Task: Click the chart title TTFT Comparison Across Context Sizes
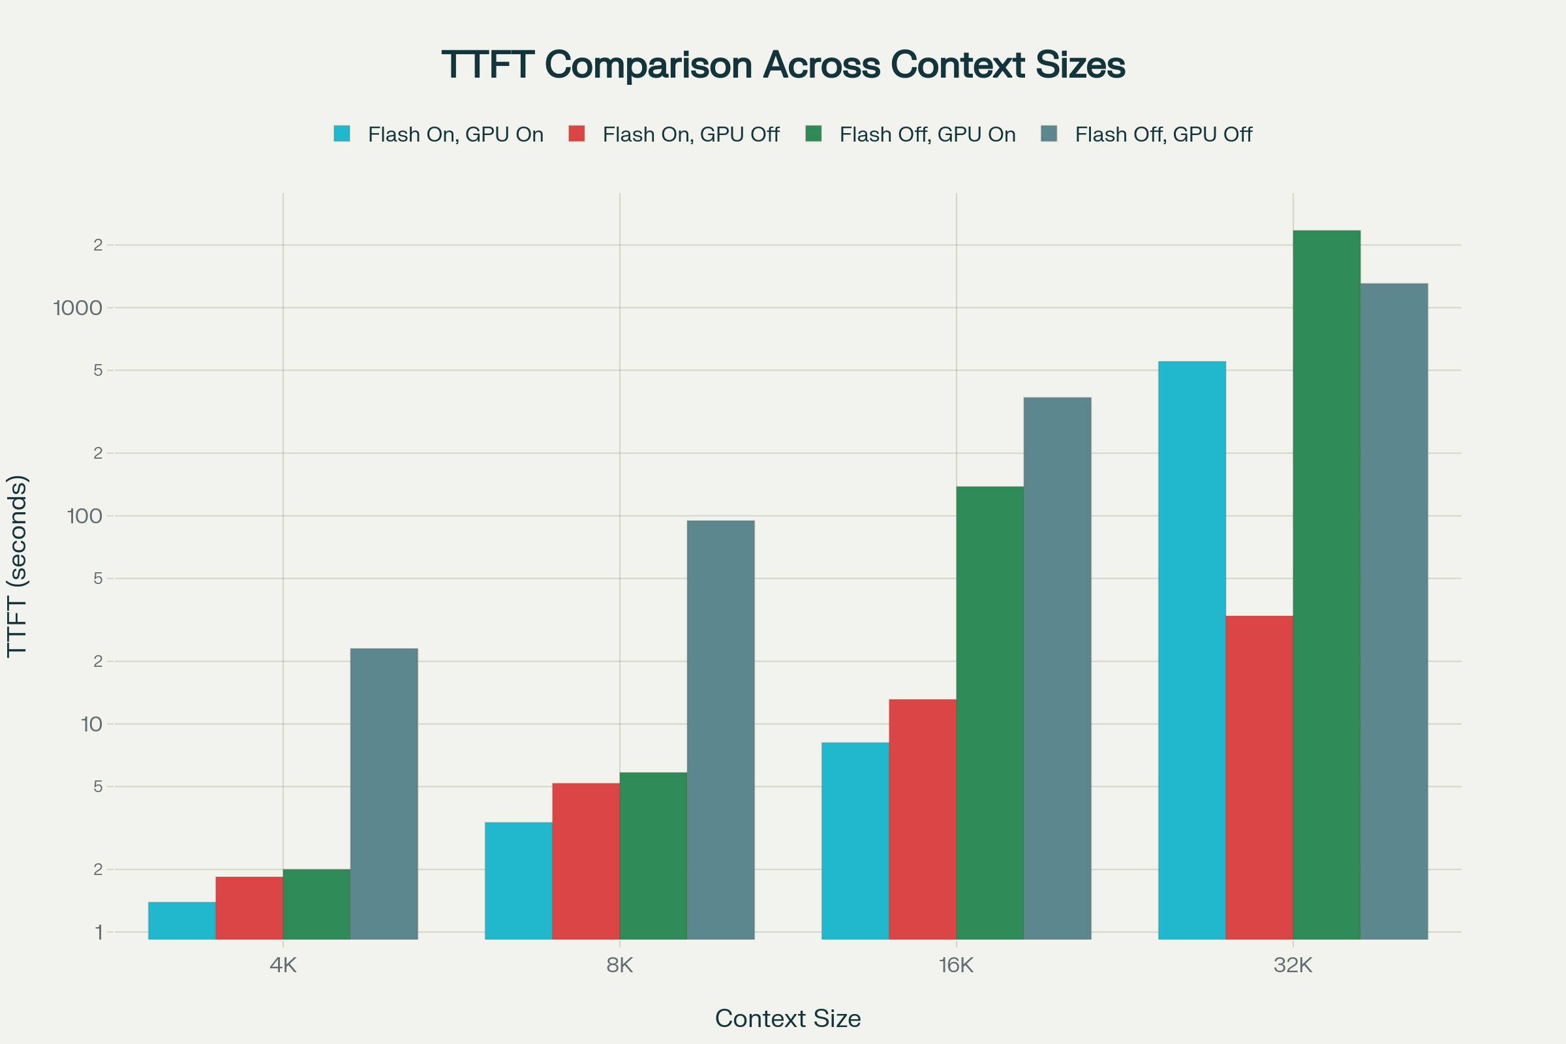[x=783, y=65]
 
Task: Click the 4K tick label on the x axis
[x=283, y=965]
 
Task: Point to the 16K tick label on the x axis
[x=956, y=965]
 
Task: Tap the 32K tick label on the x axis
[x=1293, y=965]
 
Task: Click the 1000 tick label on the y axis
[x=78, y=307]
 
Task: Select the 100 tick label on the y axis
[x=85, y=516]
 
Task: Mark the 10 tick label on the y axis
[x=91, y=724]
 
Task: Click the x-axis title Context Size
[x=788, y=1019]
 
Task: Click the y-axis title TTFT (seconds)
[x=18, y=566]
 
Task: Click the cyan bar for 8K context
[x=518, y=880]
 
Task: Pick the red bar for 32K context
[x=1259, y=777]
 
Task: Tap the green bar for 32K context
[x=1326, y=585]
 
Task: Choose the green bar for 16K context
[x=989, y=713]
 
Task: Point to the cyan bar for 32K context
[x=1191, y=650]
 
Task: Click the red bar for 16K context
[x=922, y=819]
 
